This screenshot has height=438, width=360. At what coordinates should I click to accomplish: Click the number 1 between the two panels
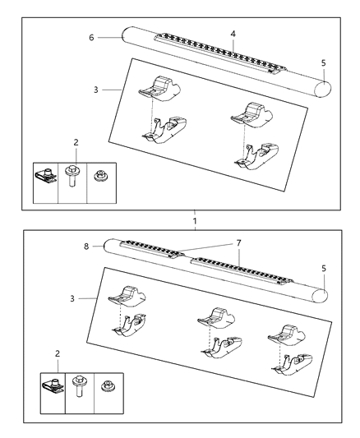point(195,222)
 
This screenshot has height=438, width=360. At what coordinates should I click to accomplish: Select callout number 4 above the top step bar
point(233,34)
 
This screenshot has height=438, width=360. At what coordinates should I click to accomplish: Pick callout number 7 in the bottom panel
point(239,244)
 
